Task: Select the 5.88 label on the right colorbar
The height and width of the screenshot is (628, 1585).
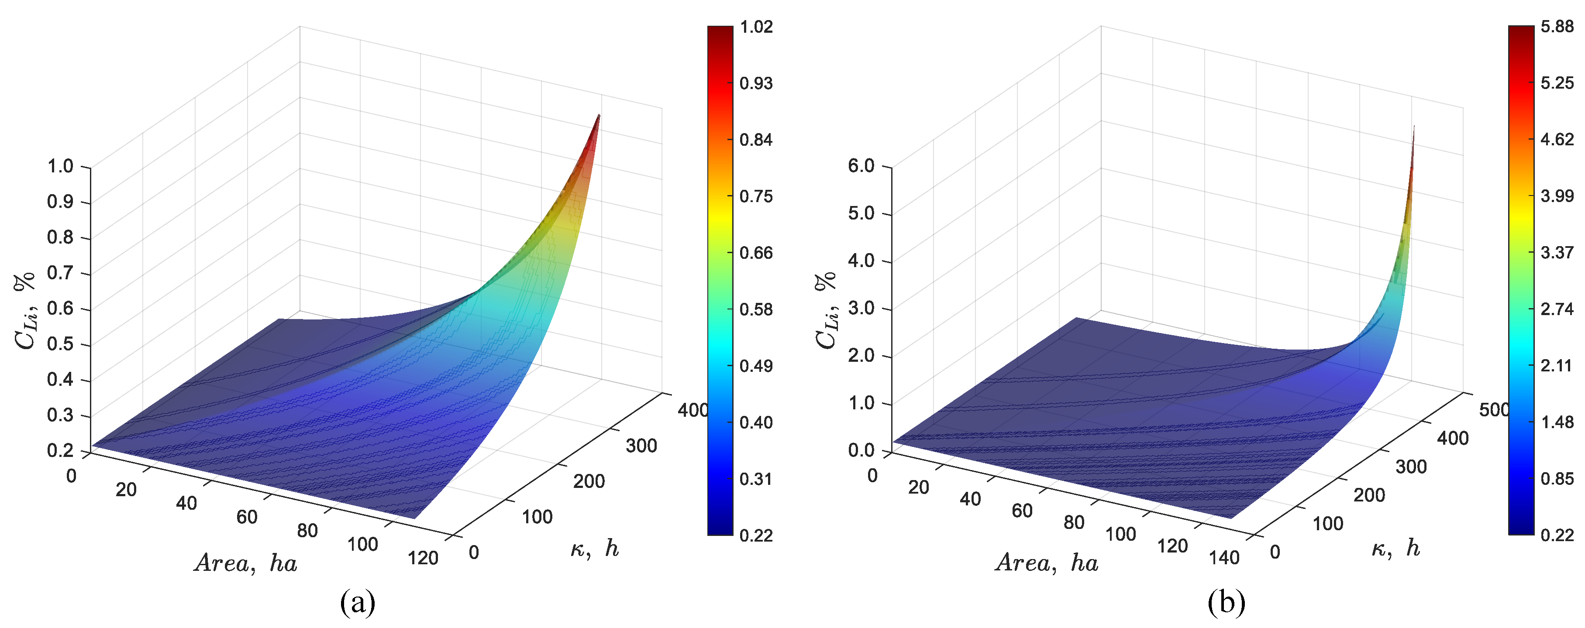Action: tap(1557, 27)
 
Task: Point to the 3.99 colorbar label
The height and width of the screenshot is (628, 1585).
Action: tap(1557, 196)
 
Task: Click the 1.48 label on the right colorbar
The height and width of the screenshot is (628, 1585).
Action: tap(1557, 422)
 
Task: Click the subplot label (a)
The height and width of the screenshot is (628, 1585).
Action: tap(358, 602)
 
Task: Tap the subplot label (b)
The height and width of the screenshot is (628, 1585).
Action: tap(1226, 602)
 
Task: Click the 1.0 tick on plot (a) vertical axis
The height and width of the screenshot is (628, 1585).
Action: tap(60, 167)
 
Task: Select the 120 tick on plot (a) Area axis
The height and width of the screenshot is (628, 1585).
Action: tap(423, 558)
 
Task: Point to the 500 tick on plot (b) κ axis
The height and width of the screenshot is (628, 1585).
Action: tap(1494, 410)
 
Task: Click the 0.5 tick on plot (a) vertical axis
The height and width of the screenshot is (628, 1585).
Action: tap(60, 344)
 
